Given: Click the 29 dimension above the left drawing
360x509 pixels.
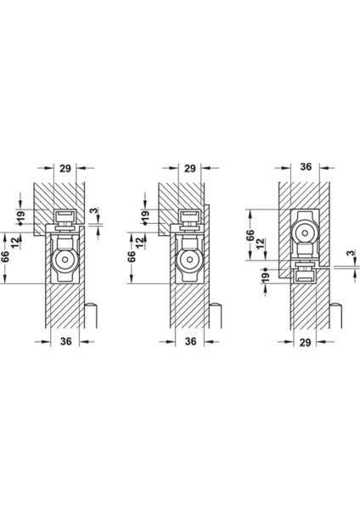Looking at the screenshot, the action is [65, 168].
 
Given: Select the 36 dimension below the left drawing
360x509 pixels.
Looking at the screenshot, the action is [65, 341].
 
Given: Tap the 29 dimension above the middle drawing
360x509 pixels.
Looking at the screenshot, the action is [190, 168].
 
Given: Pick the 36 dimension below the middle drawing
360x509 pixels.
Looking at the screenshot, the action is [190, 341].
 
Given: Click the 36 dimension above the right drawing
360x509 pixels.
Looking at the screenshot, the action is [306, 166].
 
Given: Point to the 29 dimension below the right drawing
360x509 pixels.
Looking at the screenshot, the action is [306, 342].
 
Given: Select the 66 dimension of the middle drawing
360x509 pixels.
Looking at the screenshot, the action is [131, 256].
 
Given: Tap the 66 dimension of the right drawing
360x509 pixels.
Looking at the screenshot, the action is [250, 235].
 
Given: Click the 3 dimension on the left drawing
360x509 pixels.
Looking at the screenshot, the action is [93, 210].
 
